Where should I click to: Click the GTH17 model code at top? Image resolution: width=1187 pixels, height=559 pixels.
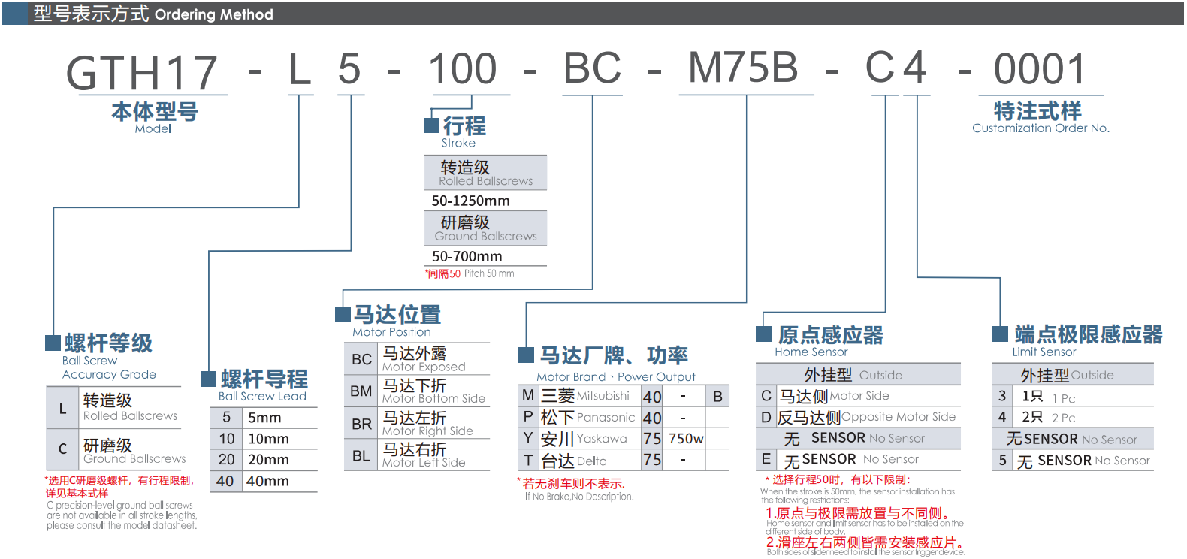tap(142, 73)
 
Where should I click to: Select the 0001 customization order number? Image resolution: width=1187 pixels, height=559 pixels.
tap(1040, 69)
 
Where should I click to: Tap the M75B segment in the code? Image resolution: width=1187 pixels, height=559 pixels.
tap(743, 68)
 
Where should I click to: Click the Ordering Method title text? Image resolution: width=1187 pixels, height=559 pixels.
tap(214, 14)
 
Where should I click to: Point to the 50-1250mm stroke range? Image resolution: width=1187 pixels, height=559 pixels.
tap(470, 201)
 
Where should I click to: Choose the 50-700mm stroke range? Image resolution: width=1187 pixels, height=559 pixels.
tap(467, 256)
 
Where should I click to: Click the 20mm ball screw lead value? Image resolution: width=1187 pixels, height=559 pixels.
tap(268, 459)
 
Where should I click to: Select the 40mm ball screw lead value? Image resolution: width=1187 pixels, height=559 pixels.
tap(267, 481)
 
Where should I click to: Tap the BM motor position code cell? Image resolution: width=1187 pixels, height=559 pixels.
tap(361, 391)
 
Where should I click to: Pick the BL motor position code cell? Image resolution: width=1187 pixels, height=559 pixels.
tap(361, 455)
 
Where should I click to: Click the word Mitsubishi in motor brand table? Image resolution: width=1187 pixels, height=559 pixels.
tap(603, 396)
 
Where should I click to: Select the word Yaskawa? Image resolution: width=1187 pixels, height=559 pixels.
tap(602, 439)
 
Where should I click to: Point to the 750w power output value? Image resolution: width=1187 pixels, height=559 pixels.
tap(686, 439)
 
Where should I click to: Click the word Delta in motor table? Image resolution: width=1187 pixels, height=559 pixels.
tap(592, 461)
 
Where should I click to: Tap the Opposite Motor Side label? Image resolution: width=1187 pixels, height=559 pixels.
tap(899, 417)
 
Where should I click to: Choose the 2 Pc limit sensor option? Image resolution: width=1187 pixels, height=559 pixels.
tap(1063, 418)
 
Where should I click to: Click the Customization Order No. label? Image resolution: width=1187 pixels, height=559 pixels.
tap(1041, 128)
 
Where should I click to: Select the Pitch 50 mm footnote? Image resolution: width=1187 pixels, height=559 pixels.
tap(489, 273)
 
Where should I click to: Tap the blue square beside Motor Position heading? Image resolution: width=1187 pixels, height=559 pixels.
tap(343, 313)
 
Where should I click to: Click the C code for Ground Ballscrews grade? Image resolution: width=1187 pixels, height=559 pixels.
tap(62, 449)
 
